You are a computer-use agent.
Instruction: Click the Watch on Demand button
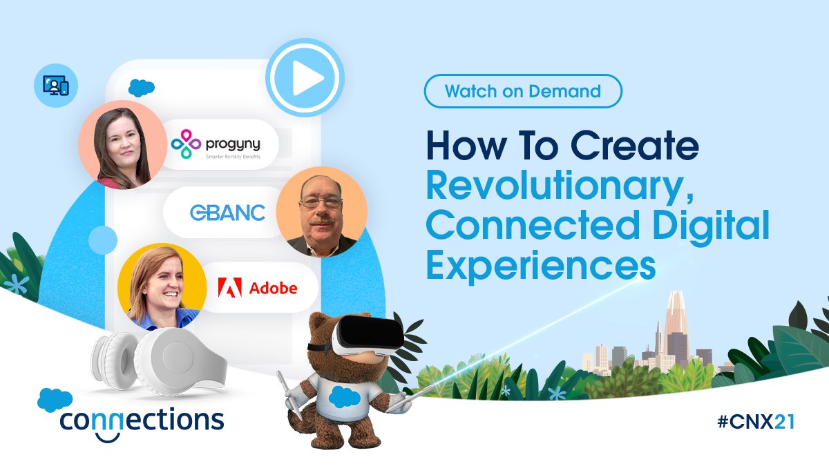point(523,91)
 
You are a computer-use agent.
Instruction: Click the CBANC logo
point(227,213)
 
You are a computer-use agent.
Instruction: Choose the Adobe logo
point(258,287)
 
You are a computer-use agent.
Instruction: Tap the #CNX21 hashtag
point(756,423)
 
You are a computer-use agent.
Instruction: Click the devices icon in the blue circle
point(55,86)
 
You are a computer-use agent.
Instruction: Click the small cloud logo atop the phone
point(142,88)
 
